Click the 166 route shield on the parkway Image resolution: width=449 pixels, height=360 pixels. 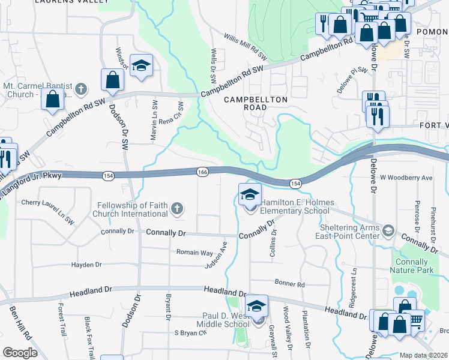tap(202, 172)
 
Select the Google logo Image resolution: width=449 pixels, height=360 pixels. tap(20, 352)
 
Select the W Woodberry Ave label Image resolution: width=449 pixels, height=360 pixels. tap(406, 178)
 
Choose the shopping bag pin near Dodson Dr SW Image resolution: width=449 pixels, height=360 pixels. tap(112, 79)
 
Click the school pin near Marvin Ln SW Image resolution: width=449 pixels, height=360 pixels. tap(141, 66)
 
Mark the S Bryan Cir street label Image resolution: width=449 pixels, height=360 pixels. tap(190, 332)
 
